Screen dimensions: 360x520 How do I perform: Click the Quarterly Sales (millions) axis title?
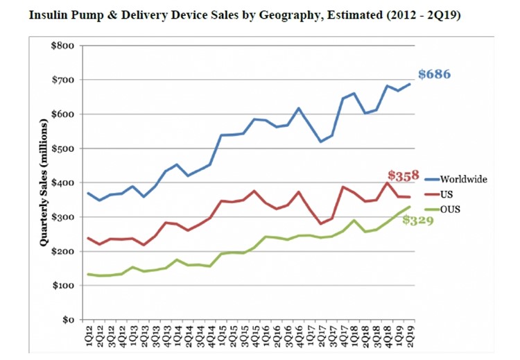click(x=43, y=183)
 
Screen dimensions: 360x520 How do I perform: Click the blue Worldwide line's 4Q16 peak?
click(x=299, y=108)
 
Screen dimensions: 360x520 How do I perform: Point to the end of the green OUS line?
click(x=410, y=207)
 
